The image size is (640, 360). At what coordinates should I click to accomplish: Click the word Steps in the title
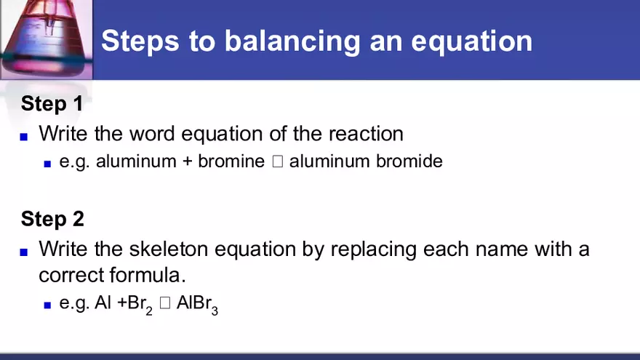[137, 41]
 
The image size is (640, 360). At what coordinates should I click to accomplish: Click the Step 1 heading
[52, 103]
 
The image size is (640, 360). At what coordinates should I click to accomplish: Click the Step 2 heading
[52, 218]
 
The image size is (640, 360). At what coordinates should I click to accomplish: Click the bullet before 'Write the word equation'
[24, 136]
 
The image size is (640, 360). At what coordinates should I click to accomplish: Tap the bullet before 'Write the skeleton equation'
[24, 252]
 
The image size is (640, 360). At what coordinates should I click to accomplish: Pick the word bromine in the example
[231, 161]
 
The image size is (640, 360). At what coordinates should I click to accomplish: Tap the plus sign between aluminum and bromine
[187, 161]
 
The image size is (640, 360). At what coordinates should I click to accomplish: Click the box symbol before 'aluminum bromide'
[277, 161]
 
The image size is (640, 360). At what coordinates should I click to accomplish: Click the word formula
[148, 276]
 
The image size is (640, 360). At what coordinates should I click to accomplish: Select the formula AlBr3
[197, 305]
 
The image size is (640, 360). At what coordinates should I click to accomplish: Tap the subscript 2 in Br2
[149, 311]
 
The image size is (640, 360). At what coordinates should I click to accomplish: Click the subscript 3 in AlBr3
[215, 311]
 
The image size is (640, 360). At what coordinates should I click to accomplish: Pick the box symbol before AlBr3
[164, 305]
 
